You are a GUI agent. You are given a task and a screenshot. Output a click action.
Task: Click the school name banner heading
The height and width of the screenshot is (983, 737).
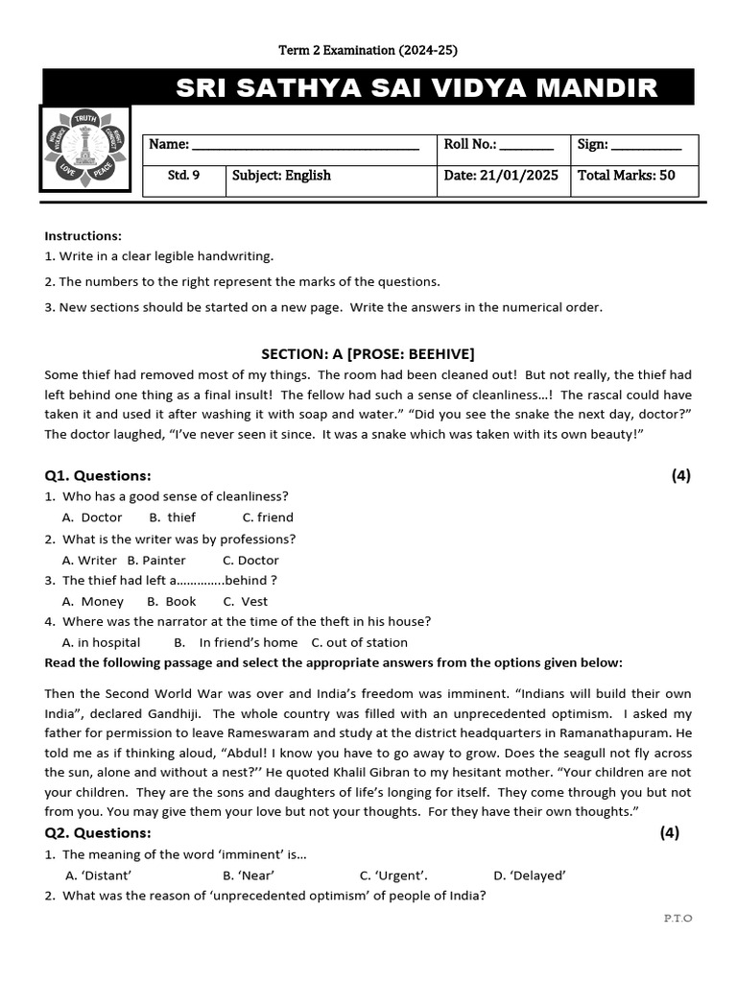pyautogui.click(x=416, y=88)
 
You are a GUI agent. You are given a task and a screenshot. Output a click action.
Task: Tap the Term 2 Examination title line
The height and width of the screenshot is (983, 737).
pyautogui.click(x=361, y=50)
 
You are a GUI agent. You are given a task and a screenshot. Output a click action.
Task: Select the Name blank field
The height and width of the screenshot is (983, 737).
pyautogui.click(x=304, y=146)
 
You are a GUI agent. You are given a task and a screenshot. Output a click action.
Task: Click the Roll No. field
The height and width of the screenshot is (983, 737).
pyautogui.click(x=526, y=146)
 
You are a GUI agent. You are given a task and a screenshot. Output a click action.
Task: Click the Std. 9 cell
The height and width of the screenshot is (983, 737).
pyautogui.click(x=183, y=176)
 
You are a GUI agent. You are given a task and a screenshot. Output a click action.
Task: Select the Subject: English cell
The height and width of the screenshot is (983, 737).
pyautogui.click(x=281, y=176)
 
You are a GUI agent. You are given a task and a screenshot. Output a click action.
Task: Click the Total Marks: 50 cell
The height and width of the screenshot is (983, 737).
pyautogui.click(x=627, y=176)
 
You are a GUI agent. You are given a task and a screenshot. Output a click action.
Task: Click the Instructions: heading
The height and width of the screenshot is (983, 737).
pyautogui.click(x=83, y=235)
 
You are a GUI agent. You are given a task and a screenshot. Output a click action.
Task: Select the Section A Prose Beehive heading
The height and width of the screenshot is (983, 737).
pyautogui.click(x=368, y=353)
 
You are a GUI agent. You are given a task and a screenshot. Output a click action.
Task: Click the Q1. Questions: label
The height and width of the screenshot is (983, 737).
pyautogui.click(x=98, y=475)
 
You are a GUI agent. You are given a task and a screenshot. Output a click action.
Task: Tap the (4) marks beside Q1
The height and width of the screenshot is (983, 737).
pyautogui.click(x=680, y=475)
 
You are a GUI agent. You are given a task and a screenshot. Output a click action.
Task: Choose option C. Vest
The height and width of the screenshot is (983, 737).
pyautogui.click(x=246, y=602)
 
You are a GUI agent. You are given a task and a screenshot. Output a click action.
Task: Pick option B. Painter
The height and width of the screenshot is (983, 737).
pyautogui.click(x=156, y=560)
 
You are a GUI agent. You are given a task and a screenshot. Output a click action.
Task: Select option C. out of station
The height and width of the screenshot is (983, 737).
pyautogui.click(x=360, y=643)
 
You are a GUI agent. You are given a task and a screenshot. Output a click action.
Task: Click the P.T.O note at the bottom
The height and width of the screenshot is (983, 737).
pyautogui.click(x=678, y=919)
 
